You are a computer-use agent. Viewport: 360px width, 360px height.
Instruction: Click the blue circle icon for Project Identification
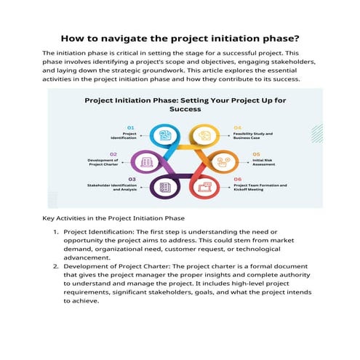(165, 135)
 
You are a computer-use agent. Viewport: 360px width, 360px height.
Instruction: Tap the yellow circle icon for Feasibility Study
(205, 135)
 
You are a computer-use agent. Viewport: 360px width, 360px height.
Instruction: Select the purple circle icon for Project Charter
(146, 161)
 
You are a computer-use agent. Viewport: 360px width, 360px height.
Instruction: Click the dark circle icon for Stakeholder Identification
(165, 188)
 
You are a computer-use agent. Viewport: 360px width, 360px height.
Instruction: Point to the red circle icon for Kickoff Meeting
(205, 188)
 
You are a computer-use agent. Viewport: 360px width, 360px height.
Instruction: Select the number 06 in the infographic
(238, 179)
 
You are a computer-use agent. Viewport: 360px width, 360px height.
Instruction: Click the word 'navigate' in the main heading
(126, 38)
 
